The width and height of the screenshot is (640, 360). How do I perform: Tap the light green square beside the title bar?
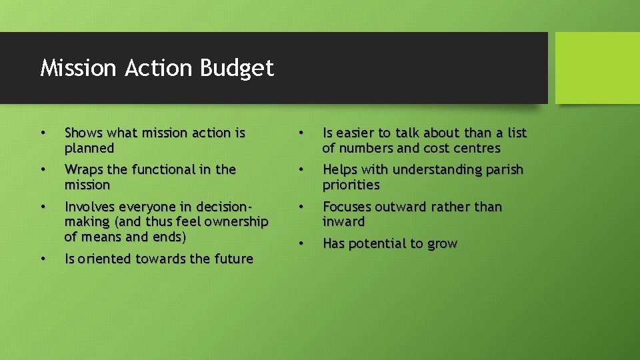click(597, 68)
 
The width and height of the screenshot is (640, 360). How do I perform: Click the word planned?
click(89, 149)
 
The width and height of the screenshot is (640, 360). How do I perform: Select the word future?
click(233, 259)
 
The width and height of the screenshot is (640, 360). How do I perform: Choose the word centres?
click(477, 149)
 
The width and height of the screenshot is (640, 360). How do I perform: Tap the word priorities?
click(351, 185)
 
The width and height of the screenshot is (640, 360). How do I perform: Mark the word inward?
click(343, 222)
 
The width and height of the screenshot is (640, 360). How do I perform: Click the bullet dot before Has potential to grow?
click(301, 243)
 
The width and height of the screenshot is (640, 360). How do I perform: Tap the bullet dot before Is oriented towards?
click(43, 258)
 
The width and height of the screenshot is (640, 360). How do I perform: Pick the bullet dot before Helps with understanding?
click(301, 169)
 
